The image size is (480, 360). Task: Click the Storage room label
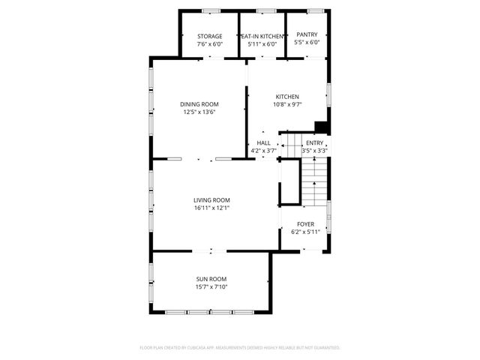click(209, 36)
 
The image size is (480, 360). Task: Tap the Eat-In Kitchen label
click(262, 36)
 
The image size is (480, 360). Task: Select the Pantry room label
click(307, 34)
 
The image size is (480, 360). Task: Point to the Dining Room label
click(199, 104)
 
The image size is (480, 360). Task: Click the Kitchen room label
click(287, 97)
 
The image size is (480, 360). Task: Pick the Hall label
click(263, 143)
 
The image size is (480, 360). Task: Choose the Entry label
click(315, 143)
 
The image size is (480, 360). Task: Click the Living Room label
click(211, 199)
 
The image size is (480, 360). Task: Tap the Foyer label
click(305, 224)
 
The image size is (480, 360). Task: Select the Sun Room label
click(211, 279)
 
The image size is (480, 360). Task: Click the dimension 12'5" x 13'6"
click(199, 112)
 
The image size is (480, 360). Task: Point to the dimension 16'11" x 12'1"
click(211, 208)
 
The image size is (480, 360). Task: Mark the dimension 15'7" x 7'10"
click(211, 286)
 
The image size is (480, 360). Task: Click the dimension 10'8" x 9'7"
click(287, 104)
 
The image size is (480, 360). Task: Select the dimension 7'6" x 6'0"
click(209, 43)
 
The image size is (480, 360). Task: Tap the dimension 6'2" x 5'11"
click(305, 232)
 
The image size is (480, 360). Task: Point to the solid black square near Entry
click(321, 127)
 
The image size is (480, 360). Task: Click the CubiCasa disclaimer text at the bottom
click(240, 348)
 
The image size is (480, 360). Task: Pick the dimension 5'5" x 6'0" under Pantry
click(307, 42)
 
